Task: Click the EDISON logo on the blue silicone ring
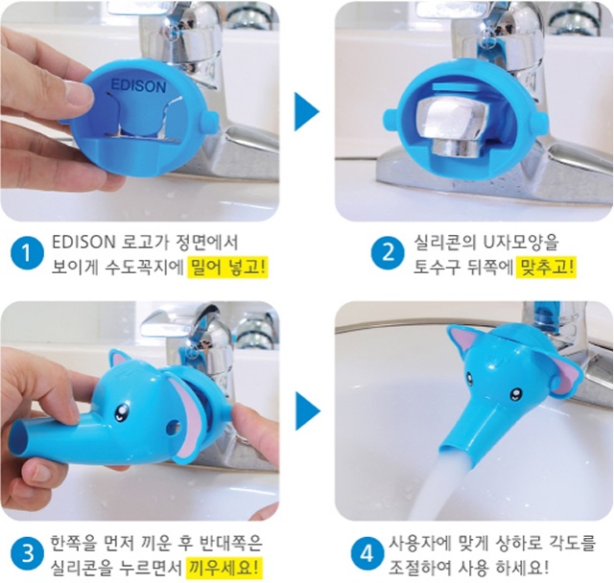click(x=138, y=85)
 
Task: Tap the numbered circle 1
click(x=27, y=254)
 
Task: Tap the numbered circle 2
click(x=388, y=253)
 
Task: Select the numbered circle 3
click(x=27, y=555)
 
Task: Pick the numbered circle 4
click(x=366, y=554)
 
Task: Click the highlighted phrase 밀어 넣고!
click(x=227, y=268)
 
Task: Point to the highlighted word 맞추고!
click(x=546, y=268)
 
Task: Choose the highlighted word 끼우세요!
click(x=223, y=568)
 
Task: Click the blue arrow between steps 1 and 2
click(x=306, y=111)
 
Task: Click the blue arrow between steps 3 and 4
click(x=307, y=411)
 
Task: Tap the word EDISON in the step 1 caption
click(x=83, y=243)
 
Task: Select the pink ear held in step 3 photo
click(x=187, y=418)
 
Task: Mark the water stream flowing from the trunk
click(x=441, y=486)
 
